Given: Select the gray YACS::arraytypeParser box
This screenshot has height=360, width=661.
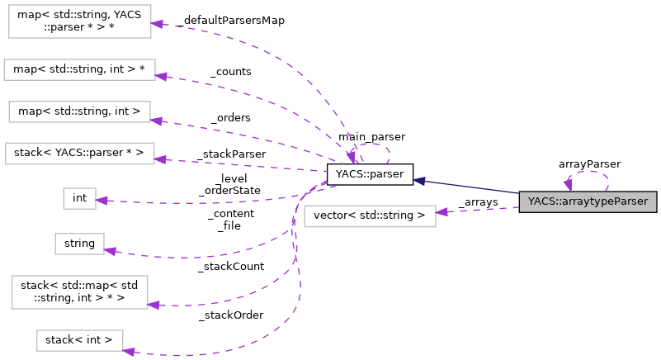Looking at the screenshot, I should click(x=588, y=201).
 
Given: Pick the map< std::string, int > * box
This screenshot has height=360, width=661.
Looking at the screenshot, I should click(x=79, y=70).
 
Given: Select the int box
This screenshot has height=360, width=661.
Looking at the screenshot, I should click(x=79, y=198).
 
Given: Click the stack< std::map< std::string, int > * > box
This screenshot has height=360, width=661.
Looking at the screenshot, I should click(x=79, y=293).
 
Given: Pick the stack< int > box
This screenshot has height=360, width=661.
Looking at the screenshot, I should click(x=79, y=340).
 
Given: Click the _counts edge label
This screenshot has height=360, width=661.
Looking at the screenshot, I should click(x=231, y=72).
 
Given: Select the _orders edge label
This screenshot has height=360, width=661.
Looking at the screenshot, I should click(x=230, y=117).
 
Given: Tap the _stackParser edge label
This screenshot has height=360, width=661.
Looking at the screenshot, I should click(x=231, y=154).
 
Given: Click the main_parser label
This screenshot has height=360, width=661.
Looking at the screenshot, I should click(x=371, y=136).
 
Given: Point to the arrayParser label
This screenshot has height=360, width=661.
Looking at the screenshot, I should click(x=589, y=164).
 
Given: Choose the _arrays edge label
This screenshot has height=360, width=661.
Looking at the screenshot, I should click(x=478, y=202).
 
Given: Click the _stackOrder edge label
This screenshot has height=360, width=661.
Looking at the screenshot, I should click(x=230, y=315).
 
